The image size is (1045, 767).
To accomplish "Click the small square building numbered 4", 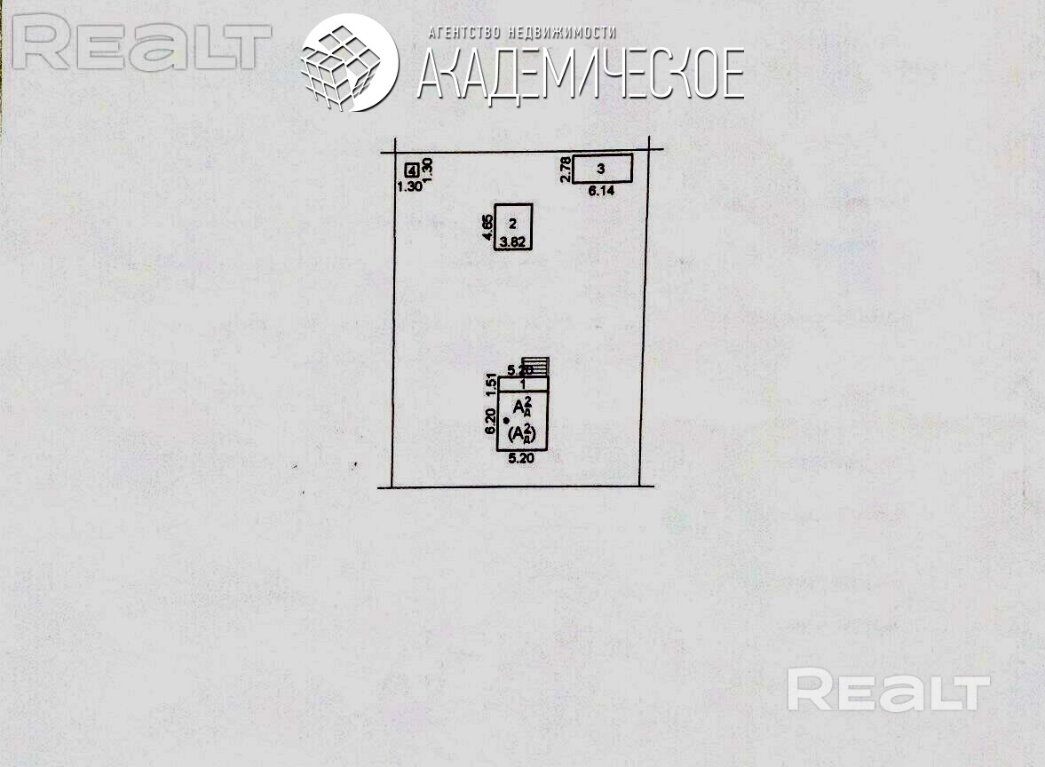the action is [412, 170].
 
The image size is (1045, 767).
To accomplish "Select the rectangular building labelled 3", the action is [602, 168].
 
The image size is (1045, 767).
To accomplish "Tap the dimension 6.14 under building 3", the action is [602, 190].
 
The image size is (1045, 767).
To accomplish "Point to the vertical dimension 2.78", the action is [565, 169].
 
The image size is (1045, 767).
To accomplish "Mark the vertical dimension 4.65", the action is [487, 227].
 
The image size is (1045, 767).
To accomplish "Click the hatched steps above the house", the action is [540, 366].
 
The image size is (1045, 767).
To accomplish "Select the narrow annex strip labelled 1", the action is [523, 383].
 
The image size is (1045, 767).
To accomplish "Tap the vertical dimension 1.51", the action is [489, 383].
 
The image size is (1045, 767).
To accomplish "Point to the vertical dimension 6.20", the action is [489, 421].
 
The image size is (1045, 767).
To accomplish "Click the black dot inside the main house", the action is [506, 421].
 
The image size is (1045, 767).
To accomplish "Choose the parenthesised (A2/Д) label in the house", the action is [524, 435].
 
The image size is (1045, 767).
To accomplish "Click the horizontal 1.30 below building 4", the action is [409, 186].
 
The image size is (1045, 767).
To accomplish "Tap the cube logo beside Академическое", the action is [348, 63].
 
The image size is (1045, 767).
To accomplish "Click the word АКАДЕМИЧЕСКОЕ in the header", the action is [580, 74].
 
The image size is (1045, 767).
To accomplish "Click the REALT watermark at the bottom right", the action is [888, 691].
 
